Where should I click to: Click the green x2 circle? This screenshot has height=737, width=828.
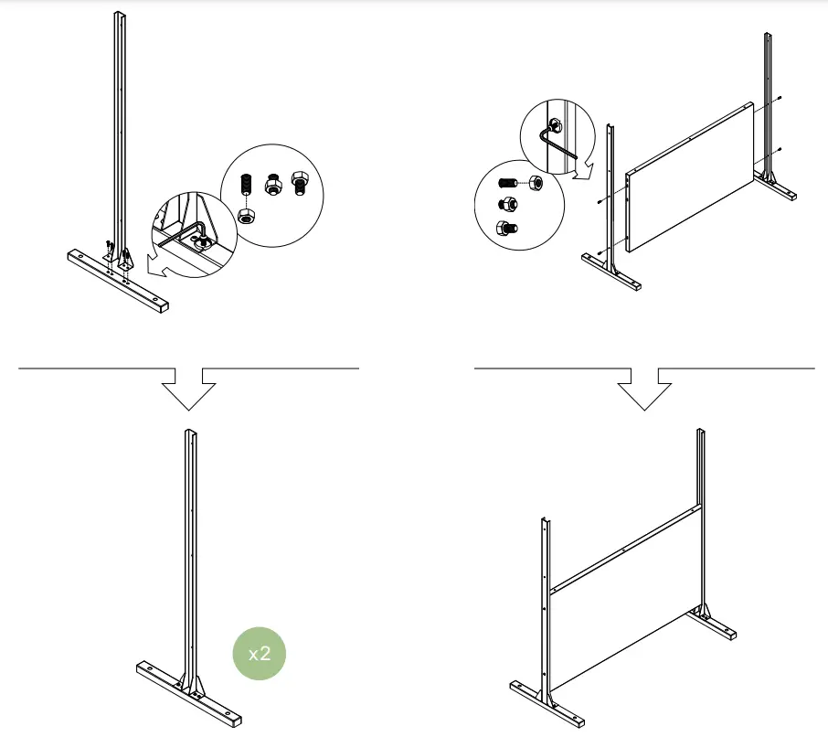pyautogui.click(x=260, y=653)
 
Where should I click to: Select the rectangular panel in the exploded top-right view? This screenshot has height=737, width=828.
pyautogui.click(x=690, y=178)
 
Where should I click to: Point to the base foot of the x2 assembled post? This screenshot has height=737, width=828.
pyautogui.click(x=189, y=694)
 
